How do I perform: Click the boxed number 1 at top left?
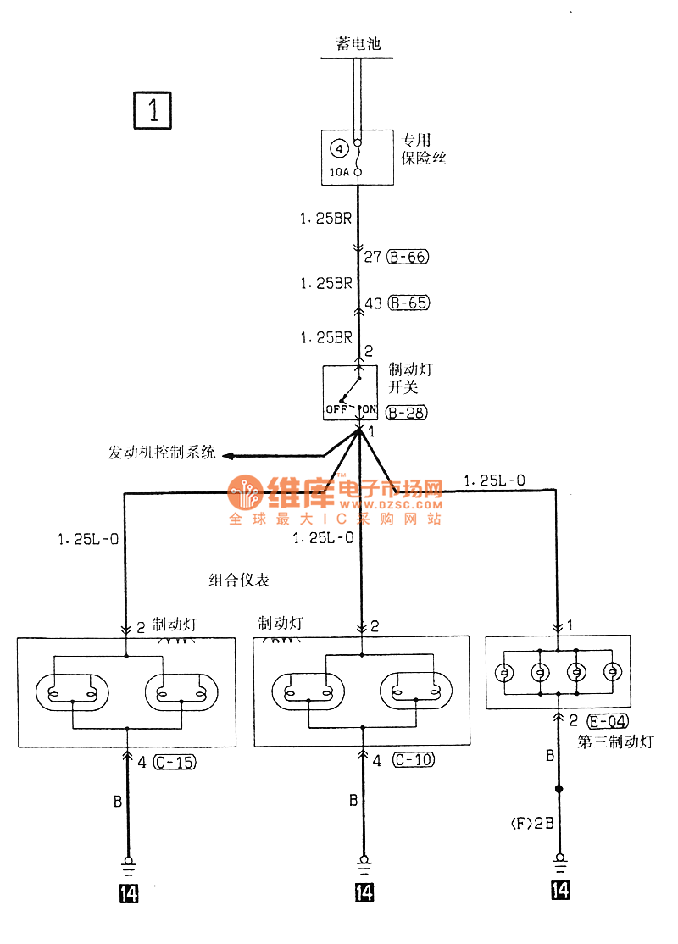153,111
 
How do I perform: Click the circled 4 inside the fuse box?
338,150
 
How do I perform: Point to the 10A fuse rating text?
338,173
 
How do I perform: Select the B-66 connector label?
407,257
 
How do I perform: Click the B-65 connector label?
407,302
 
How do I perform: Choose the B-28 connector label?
406,414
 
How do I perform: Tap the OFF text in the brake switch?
336,409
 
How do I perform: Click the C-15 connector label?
175,762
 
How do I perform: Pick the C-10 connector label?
413,760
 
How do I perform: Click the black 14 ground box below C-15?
129,892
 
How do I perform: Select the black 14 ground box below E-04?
560,890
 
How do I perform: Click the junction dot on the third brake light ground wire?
559,790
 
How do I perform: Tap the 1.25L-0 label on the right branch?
494,480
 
